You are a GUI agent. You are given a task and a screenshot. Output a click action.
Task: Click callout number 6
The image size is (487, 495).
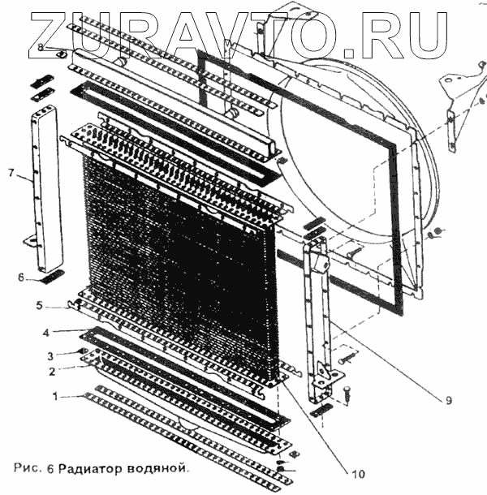[x=22, y=277]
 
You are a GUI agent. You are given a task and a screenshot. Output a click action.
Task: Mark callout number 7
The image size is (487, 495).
[x=11, y=173]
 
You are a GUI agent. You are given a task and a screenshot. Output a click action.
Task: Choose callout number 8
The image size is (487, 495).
[x=41, y=49]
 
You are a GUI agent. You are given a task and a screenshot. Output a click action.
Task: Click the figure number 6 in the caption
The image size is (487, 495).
[x=53, y=468]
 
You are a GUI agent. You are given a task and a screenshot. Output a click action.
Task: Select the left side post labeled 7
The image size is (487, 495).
[x=44, y=191]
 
